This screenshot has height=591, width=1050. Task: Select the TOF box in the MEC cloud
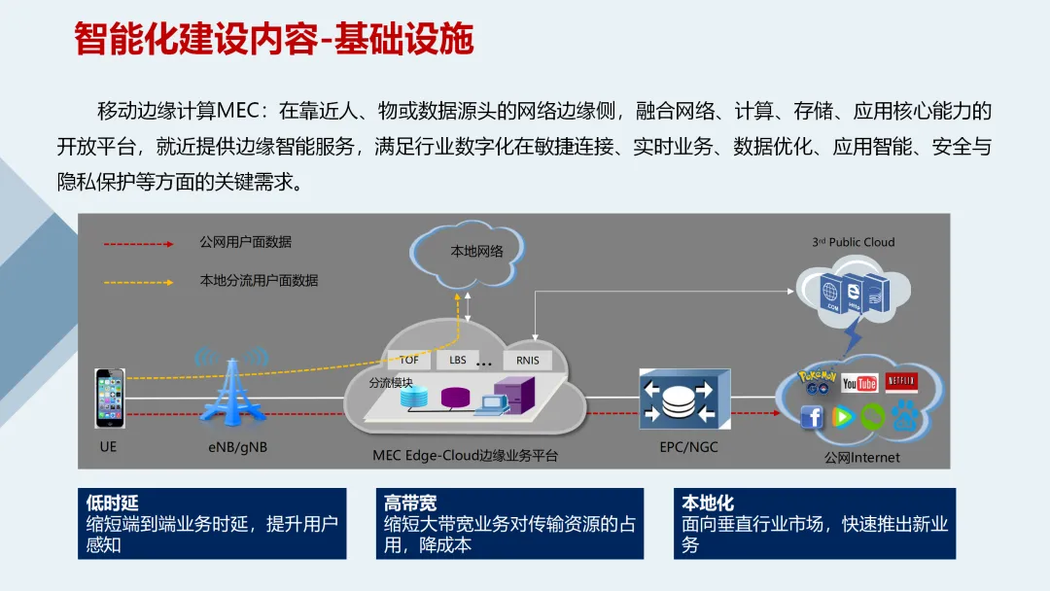tap(408, 360)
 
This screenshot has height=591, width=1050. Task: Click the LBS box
tap(457, 360)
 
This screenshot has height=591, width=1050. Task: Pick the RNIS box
tap(528, 361)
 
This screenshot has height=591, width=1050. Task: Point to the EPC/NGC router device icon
tap(682, 399)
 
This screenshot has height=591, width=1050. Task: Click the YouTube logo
tap(859, 383)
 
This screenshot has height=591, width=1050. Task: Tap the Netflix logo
tap(901, 380)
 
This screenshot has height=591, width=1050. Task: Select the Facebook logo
tap(812, 417)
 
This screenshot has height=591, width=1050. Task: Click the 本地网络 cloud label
tap(476, 252)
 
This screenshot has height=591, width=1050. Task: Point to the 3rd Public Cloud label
tap(853, 242)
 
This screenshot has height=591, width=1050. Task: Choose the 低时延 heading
tap(113, 504)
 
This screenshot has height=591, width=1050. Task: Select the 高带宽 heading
tap(410, 504)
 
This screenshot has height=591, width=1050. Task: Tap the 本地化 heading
tap(708, 504)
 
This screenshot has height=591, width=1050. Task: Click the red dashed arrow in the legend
tap(139, 243)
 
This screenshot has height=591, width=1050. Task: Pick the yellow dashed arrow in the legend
tap(139, 281)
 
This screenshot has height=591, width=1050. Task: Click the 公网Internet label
tap(861, 457)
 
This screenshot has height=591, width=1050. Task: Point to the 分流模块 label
tap(390, 383)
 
